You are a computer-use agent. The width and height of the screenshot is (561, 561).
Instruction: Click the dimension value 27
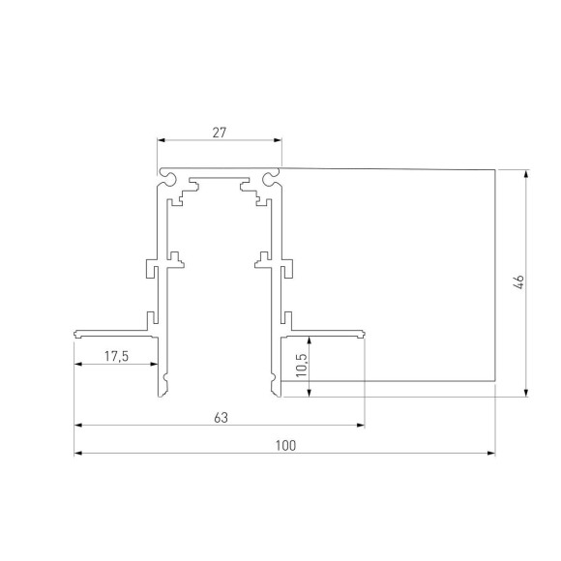[219, 133]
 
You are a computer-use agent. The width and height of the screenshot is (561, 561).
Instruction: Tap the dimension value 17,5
[116, 357]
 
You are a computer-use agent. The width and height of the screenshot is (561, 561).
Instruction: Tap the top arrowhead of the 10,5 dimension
[309, 338]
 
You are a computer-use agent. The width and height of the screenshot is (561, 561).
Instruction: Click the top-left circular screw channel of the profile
[168, 177]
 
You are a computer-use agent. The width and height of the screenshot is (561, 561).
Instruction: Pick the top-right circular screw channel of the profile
[270, 177]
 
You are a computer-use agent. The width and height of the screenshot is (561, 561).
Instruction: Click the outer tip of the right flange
[365, 334]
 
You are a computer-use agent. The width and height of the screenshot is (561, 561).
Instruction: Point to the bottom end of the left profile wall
[161, 394]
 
